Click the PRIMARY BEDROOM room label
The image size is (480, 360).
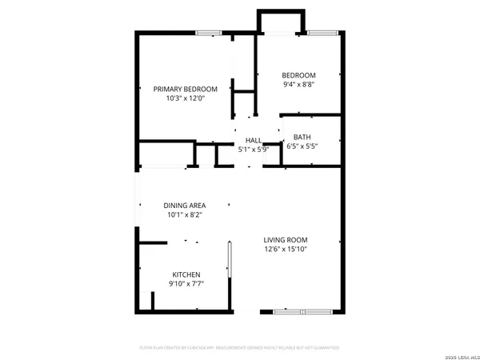point(186,89)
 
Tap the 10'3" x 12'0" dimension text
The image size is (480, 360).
point(186,98)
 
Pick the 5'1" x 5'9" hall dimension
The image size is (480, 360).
point(254,149)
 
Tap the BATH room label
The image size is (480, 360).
point(302,137)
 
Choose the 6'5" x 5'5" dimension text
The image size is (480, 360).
point(302,146)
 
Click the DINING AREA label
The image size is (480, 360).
point(185,205)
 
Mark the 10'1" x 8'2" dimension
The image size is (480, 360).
point(185,214)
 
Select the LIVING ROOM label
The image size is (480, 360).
point(286,239)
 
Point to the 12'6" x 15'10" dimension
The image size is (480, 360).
point(286,249)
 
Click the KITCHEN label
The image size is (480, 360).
point(185,274)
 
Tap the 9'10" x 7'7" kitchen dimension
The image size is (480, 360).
point(185,284)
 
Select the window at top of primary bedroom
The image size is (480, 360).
point(210,33)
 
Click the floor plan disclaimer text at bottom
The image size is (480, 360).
point(239,348)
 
